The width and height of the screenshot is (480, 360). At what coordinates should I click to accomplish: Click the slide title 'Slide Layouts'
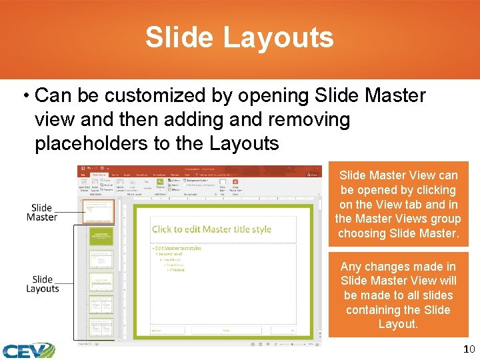coord(239,37)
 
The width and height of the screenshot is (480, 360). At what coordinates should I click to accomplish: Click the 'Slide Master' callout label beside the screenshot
coord(42,213)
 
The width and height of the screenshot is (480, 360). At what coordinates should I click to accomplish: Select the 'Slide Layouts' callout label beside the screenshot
coord(43,284)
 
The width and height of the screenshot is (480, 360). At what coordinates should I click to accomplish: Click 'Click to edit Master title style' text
coord(211,229)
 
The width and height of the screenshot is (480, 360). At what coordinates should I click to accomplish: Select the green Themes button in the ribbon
coord(160,183)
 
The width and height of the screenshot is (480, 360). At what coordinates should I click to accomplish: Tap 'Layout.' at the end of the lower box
coord(398,324)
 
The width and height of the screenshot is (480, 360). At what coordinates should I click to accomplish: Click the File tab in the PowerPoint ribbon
coord(81,175)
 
